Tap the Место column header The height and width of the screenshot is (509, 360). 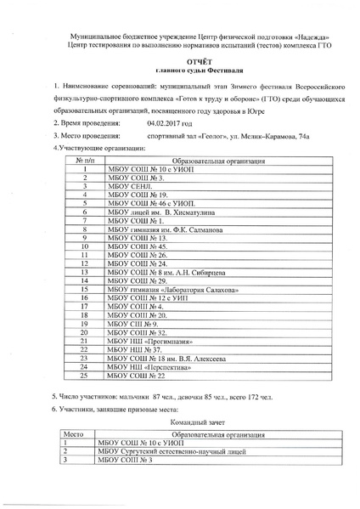[74, 434]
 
